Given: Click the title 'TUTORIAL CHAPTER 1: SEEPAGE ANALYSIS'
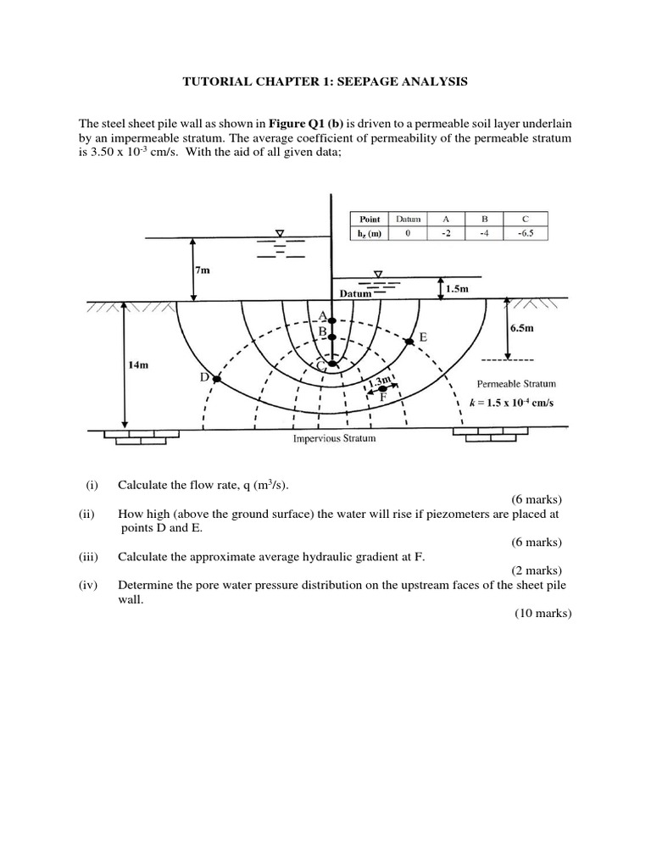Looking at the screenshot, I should pos(325,82).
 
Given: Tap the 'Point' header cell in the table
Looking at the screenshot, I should pos(370,219).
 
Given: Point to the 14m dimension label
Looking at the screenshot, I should pos(139,364).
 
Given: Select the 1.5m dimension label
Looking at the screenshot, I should pos(458,288).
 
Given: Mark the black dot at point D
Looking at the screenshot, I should pos(216,380).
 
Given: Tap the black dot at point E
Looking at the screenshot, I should pos(409,341).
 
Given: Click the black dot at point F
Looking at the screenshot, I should pos(382,388).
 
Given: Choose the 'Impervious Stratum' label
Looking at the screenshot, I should pos(333,439).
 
